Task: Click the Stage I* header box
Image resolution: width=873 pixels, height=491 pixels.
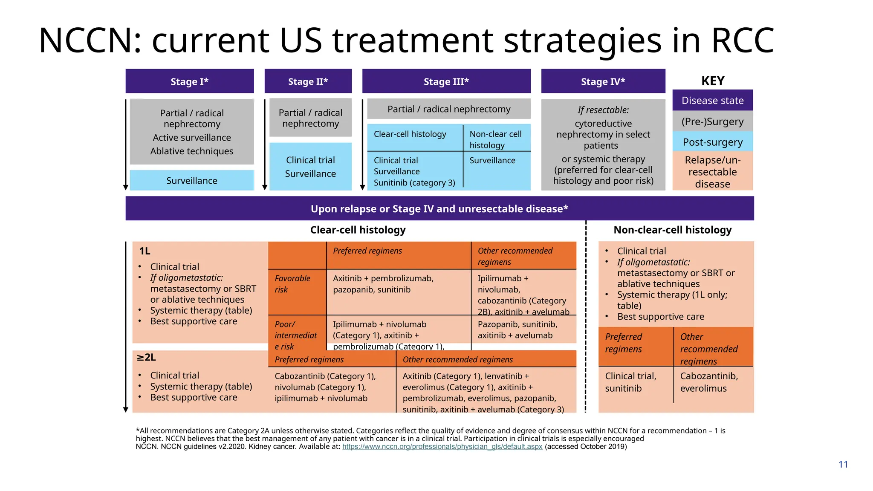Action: [x=189, y=81]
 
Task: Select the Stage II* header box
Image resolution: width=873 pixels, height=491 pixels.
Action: [x=308, y=81]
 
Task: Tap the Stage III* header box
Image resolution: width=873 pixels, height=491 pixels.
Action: [x=446, y=81]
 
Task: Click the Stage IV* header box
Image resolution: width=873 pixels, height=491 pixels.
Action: [x=603, y=81]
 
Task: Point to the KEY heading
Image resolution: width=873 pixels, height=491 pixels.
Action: [x=712, y=81]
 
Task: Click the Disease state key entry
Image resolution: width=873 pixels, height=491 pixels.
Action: [x=712, y=101]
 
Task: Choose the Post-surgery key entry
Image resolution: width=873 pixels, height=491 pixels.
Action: [x=712, y=142]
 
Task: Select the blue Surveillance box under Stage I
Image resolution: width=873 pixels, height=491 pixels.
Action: [x=191, y=181]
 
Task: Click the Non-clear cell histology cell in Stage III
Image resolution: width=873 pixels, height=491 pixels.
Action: [x=496, y=139]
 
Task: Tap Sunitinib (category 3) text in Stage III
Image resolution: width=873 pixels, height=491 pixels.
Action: [x=414, y=183]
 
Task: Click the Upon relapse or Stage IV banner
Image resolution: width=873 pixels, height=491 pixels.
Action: [x=439, y=209]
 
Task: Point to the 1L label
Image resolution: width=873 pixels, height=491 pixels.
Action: [x=145, y=251]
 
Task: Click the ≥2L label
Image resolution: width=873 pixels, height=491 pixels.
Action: [x=146, y=357]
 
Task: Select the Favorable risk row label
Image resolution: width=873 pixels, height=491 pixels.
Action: [x=292, y=284]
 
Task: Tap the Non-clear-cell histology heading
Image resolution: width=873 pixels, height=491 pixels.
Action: [x=672, y=230]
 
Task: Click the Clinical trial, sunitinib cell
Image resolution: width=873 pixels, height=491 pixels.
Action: [x=630, y=382]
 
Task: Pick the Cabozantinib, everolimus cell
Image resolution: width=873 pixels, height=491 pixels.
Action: [x=709, y=382]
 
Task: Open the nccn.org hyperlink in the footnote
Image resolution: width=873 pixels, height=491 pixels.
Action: [x=442, y=447]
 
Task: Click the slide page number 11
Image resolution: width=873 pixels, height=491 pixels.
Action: [x=843, y=465]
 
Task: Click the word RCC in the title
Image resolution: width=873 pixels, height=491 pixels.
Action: [x=742, y=40]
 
